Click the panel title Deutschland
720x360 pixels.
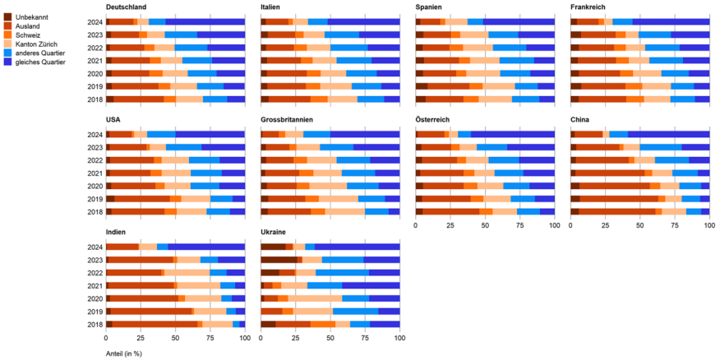126,7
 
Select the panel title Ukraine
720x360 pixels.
273,233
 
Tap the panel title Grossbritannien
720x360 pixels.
286,120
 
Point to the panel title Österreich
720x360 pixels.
434,120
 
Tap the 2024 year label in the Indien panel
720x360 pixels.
95,247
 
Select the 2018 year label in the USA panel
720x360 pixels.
95,211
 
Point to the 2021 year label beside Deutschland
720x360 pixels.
95,60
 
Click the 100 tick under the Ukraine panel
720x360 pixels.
399,338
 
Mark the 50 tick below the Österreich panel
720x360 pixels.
485,225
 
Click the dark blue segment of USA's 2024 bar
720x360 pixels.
210,133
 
